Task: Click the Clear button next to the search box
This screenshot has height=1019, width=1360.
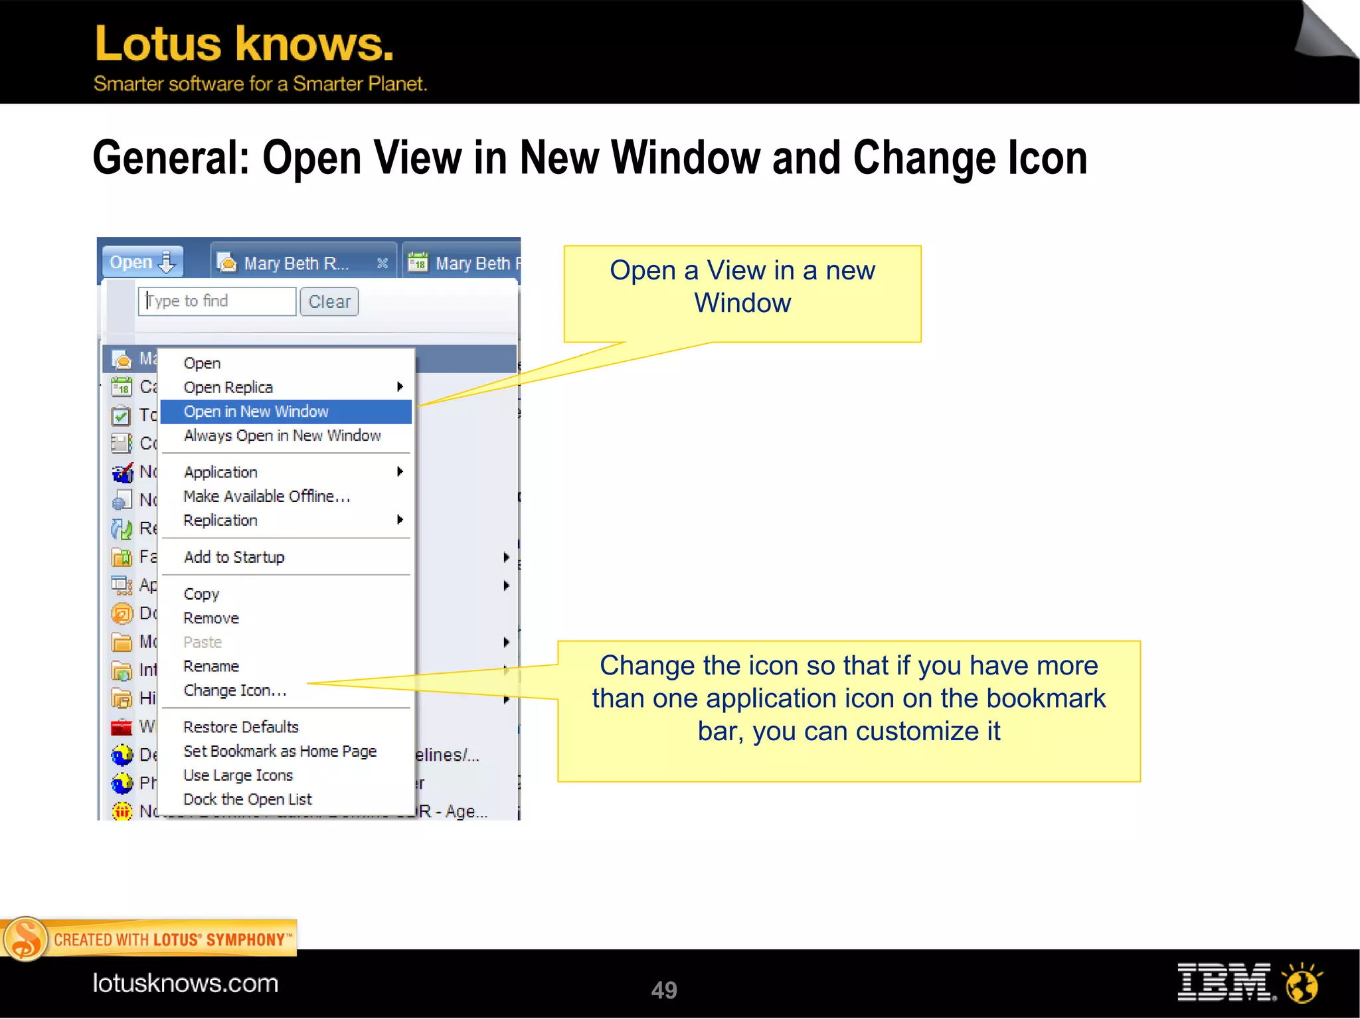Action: point(329,302)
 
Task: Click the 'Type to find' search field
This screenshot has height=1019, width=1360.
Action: point(216,301)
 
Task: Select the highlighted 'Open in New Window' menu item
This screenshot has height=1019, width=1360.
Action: point(256,412)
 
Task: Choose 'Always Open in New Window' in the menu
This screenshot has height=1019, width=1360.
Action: point(282,435)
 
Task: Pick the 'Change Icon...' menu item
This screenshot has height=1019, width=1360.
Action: point(235,690)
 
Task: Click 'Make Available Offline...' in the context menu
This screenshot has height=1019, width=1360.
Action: point(267,497)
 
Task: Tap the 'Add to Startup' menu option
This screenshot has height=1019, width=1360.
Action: point(234,557)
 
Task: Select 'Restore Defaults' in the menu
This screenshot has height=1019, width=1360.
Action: point(241,727)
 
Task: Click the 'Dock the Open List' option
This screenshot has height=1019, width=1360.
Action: point(248,799)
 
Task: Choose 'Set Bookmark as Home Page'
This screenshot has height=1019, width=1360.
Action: point(280,751)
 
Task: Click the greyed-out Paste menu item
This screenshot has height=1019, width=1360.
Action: point(203,642)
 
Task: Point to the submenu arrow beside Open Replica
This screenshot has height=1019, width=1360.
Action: point(400,387)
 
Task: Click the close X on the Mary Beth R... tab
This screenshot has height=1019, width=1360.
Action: point(382,264)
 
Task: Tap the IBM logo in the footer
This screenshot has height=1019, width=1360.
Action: point(1225,982)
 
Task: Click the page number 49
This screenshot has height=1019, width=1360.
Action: point(663,990)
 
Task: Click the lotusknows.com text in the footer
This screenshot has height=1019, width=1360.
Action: point(185,983)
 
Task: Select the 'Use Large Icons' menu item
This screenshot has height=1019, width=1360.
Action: point(238,775)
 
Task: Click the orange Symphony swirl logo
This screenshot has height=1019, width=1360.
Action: point(25,939)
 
